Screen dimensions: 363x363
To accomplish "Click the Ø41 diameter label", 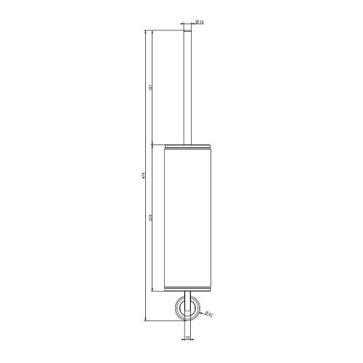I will pos(208,313).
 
